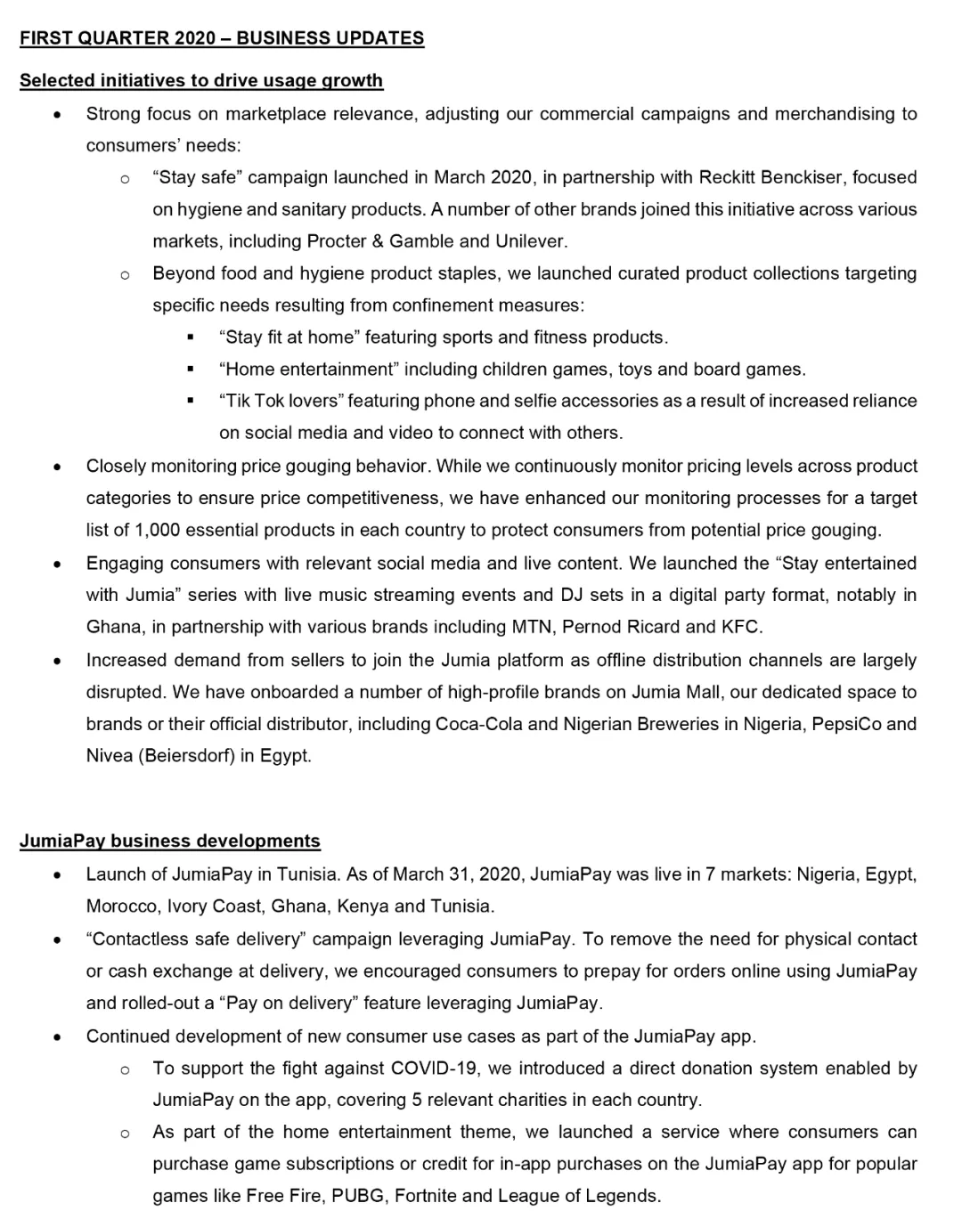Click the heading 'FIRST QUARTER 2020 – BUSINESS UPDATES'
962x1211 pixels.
222,38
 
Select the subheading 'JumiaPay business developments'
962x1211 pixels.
170,841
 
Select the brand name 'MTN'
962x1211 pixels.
532,627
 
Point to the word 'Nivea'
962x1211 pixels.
109,756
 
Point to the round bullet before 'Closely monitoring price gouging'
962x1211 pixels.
57,467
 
